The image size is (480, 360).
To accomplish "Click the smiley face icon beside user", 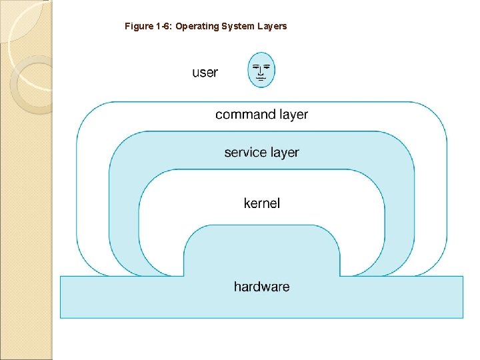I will point(261,70).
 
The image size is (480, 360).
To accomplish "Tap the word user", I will point(205,72).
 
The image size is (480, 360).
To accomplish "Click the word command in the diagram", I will point(245,115).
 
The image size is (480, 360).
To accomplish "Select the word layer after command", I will point(293,115).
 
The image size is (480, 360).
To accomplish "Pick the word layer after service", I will point(284,153).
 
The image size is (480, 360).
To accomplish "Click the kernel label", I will point(261,203).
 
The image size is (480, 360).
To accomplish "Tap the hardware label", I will point(261,287).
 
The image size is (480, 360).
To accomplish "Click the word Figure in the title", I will point(139,27).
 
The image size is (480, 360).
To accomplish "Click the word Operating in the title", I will point(195,27).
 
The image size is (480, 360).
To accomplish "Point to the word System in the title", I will point(232,27).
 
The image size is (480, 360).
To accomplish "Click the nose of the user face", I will point(261,72).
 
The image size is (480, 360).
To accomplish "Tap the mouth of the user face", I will point(261,79).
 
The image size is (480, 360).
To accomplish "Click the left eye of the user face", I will point(255,66).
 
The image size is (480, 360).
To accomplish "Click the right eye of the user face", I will point(267,66).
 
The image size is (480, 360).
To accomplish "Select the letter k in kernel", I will point(247,203).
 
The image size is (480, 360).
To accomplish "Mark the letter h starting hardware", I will point(237,287).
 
